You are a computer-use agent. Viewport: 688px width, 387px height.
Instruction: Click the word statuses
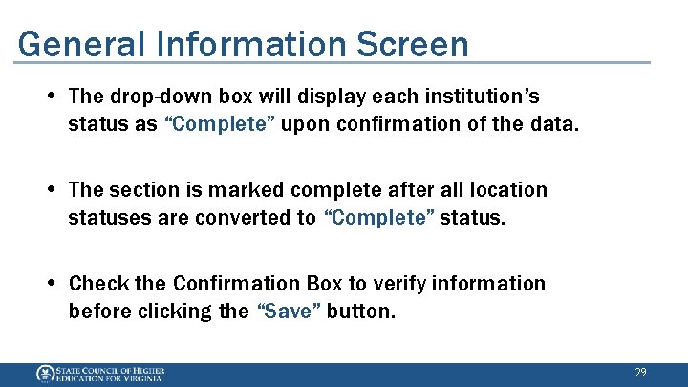(x=106, y=218)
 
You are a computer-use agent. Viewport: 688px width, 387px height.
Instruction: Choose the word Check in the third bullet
(x=97, y=284)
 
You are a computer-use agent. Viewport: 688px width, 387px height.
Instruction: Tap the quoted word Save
(x=290, y=312)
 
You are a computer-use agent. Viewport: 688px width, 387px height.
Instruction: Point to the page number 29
(x=641, y=372)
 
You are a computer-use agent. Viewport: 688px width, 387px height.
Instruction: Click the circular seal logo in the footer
(x=44, y=374)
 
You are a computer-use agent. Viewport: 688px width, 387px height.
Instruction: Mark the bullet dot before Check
(x=51, y=283)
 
